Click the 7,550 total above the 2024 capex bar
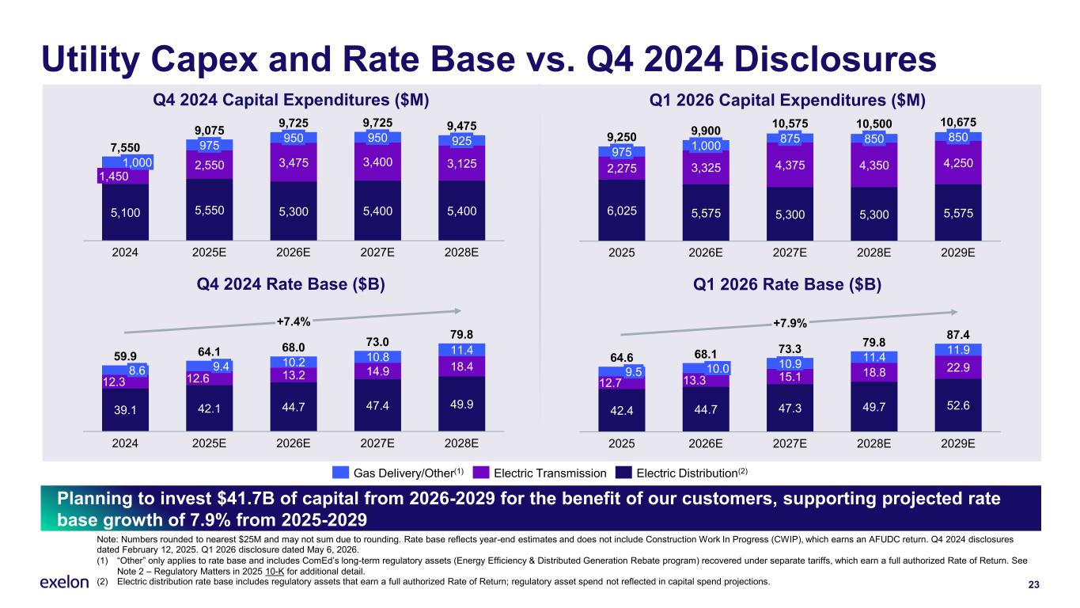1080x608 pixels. pos(125,148)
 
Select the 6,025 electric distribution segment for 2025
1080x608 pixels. pos(621,211)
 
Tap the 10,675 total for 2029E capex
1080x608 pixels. pos(957,122)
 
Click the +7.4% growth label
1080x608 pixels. pos(293,321)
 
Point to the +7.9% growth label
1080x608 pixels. pos(790,323)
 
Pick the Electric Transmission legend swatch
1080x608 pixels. pos(481,473)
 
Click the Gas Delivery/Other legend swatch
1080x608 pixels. pos(340,473)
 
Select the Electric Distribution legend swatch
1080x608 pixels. pos(623,473)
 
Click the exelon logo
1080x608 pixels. pos(64,583)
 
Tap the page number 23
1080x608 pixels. pos(1033,585)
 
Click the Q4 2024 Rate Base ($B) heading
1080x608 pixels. pos(290,284)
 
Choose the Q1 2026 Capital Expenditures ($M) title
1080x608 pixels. pos(786,100)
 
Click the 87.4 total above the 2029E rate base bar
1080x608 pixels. pos(957,335)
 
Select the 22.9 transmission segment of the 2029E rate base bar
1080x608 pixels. pos(957,367)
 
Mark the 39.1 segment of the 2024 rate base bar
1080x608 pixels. pos(125,410)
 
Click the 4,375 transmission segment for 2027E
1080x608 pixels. pos(790,165)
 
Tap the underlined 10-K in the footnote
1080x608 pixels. pos(275,572)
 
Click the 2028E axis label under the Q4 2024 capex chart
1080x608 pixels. pos(461,253)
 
